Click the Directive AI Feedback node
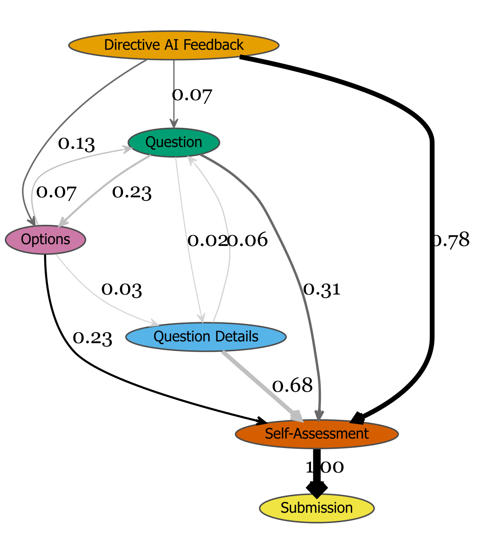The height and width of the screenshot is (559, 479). point(174,45)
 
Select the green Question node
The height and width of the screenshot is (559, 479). point(174,142)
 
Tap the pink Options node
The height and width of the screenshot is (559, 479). point(46,240)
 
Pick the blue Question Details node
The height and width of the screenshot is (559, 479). point(206,337)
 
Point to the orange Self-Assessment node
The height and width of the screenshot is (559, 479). point(317,434)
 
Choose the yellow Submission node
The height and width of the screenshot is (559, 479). point(317,508)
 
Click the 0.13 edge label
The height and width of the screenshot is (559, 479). point(76,143)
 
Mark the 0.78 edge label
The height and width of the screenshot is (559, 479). point(452,240)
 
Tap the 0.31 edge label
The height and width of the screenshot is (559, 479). point(322,289)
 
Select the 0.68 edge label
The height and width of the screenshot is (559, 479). point(292,386)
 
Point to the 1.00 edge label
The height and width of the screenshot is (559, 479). point(325,467)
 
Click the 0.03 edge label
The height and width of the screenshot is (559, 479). point(122,289)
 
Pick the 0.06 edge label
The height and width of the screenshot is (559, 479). point(248,240)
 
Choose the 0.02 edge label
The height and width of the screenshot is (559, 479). point(207,240)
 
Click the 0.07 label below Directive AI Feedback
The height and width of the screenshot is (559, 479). point(192,95)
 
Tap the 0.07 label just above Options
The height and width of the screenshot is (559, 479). point(56,192)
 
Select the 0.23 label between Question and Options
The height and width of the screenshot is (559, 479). point(132,192)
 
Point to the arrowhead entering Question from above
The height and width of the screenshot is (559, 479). point(174,124)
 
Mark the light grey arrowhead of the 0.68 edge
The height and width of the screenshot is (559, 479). point(297,416)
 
